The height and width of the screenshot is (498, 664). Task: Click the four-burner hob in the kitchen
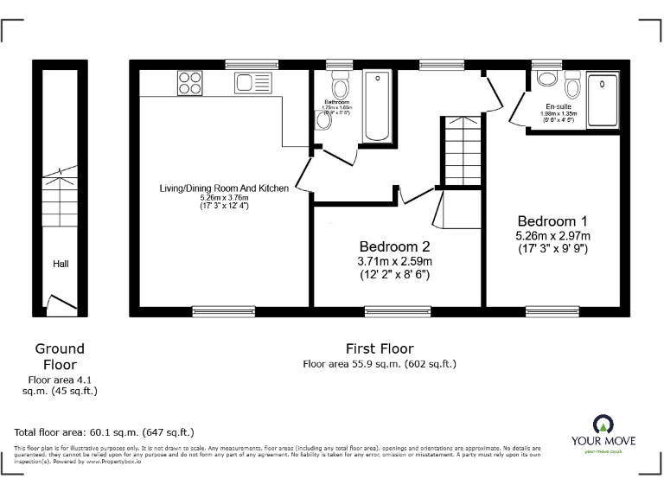(x=190, y=83)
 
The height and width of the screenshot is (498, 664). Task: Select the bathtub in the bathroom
(x=376, y=106)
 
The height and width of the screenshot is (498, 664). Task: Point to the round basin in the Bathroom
(x=323, y=122)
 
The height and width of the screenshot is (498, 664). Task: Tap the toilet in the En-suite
(x=571, y=86)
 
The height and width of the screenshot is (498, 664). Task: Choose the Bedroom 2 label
(x=395, y=245)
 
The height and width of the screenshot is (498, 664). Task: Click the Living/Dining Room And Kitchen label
(x=223, y=188)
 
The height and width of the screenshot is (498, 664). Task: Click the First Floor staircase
(x=460, y=150)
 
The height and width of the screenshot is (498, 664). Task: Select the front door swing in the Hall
(x=58, y=303)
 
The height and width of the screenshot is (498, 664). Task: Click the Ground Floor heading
(x=60, y=356)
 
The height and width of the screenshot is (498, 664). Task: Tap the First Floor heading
(x=379, y=348)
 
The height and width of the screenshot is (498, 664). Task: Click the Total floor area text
(x=105, y=431)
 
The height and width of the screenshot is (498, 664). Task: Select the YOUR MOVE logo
(x=602, y=432)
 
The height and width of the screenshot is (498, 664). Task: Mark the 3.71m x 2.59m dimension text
(x=395, y=261)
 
